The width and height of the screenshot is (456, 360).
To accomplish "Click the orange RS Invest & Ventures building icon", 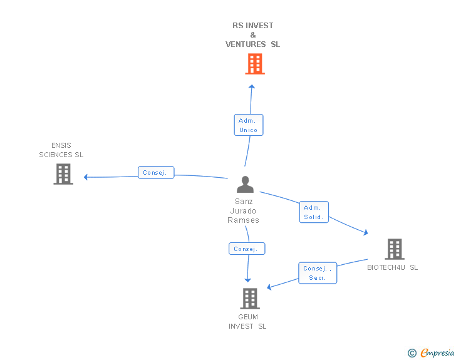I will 254,64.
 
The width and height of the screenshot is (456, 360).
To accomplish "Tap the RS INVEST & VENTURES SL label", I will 253,35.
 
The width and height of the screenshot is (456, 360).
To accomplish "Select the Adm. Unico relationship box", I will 249,125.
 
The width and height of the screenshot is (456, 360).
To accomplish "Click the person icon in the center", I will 245,185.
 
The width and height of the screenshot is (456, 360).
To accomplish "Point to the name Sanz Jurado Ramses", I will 244,211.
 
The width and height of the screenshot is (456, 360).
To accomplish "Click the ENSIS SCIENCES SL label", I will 61,150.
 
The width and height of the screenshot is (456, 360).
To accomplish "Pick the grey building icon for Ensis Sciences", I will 63,174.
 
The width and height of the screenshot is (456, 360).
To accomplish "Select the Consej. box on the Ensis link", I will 156,173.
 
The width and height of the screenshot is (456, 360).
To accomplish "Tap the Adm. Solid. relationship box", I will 314,212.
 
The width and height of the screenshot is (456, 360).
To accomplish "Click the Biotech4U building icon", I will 394,249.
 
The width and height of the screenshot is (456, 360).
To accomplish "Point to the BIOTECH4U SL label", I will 393,267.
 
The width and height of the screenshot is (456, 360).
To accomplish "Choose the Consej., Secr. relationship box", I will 318,273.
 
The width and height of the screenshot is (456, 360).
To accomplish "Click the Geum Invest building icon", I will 249,299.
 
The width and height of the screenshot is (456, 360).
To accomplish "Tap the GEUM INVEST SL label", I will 247,322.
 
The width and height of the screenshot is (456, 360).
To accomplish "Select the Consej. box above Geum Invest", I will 247,249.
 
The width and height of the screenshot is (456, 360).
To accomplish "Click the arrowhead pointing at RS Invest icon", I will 252,86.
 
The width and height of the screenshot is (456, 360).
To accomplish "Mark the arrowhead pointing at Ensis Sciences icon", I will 86,177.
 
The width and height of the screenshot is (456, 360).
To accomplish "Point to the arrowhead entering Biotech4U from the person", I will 365,233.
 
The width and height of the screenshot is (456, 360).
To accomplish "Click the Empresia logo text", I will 437,353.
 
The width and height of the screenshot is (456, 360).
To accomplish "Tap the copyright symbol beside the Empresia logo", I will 412,353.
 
